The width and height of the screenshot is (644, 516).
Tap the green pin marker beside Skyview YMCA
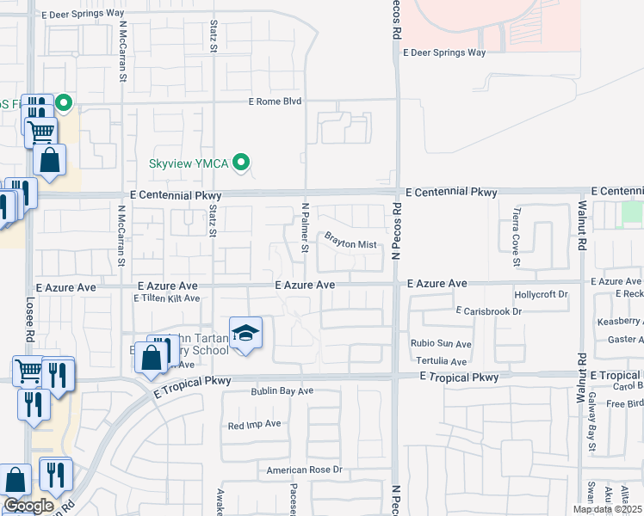pyautogui.click(x=242, y=162)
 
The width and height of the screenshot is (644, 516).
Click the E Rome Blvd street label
pyautogui.click(x=275, y=101)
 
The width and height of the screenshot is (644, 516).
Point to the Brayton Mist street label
pyautogui.click(x=350, y=244)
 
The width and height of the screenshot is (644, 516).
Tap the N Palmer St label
pyautogui.click(x=304, y=228)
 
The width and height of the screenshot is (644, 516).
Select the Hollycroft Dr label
pyautogui.click(x=542, y=294)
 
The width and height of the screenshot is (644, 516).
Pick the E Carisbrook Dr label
pyautogui.click(x=489, y=310)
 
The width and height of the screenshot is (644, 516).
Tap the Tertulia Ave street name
pyautogui.click(x=444, y=362)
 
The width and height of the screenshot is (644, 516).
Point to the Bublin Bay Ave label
pyautogui.click(x=282, y=391)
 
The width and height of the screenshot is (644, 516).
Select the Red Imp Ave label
pyautogui.click(x=254, y=424)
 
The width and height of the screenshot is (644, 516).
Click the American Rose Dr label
pyautogui.click(x=304, y=470)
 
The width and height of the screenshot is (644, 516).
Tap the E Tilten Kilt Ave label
pyautogui.click(x=166, y=298)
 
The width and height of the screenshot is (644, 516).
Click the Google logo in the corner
pyautogui.click(x=28, y=506)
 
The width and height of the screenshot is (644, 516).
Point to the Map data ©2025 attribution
pyautogui.click(x=606, y=509)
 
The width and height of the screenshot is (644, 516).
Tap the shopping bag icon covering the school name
pyautogui.click(x=151, y=356)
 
